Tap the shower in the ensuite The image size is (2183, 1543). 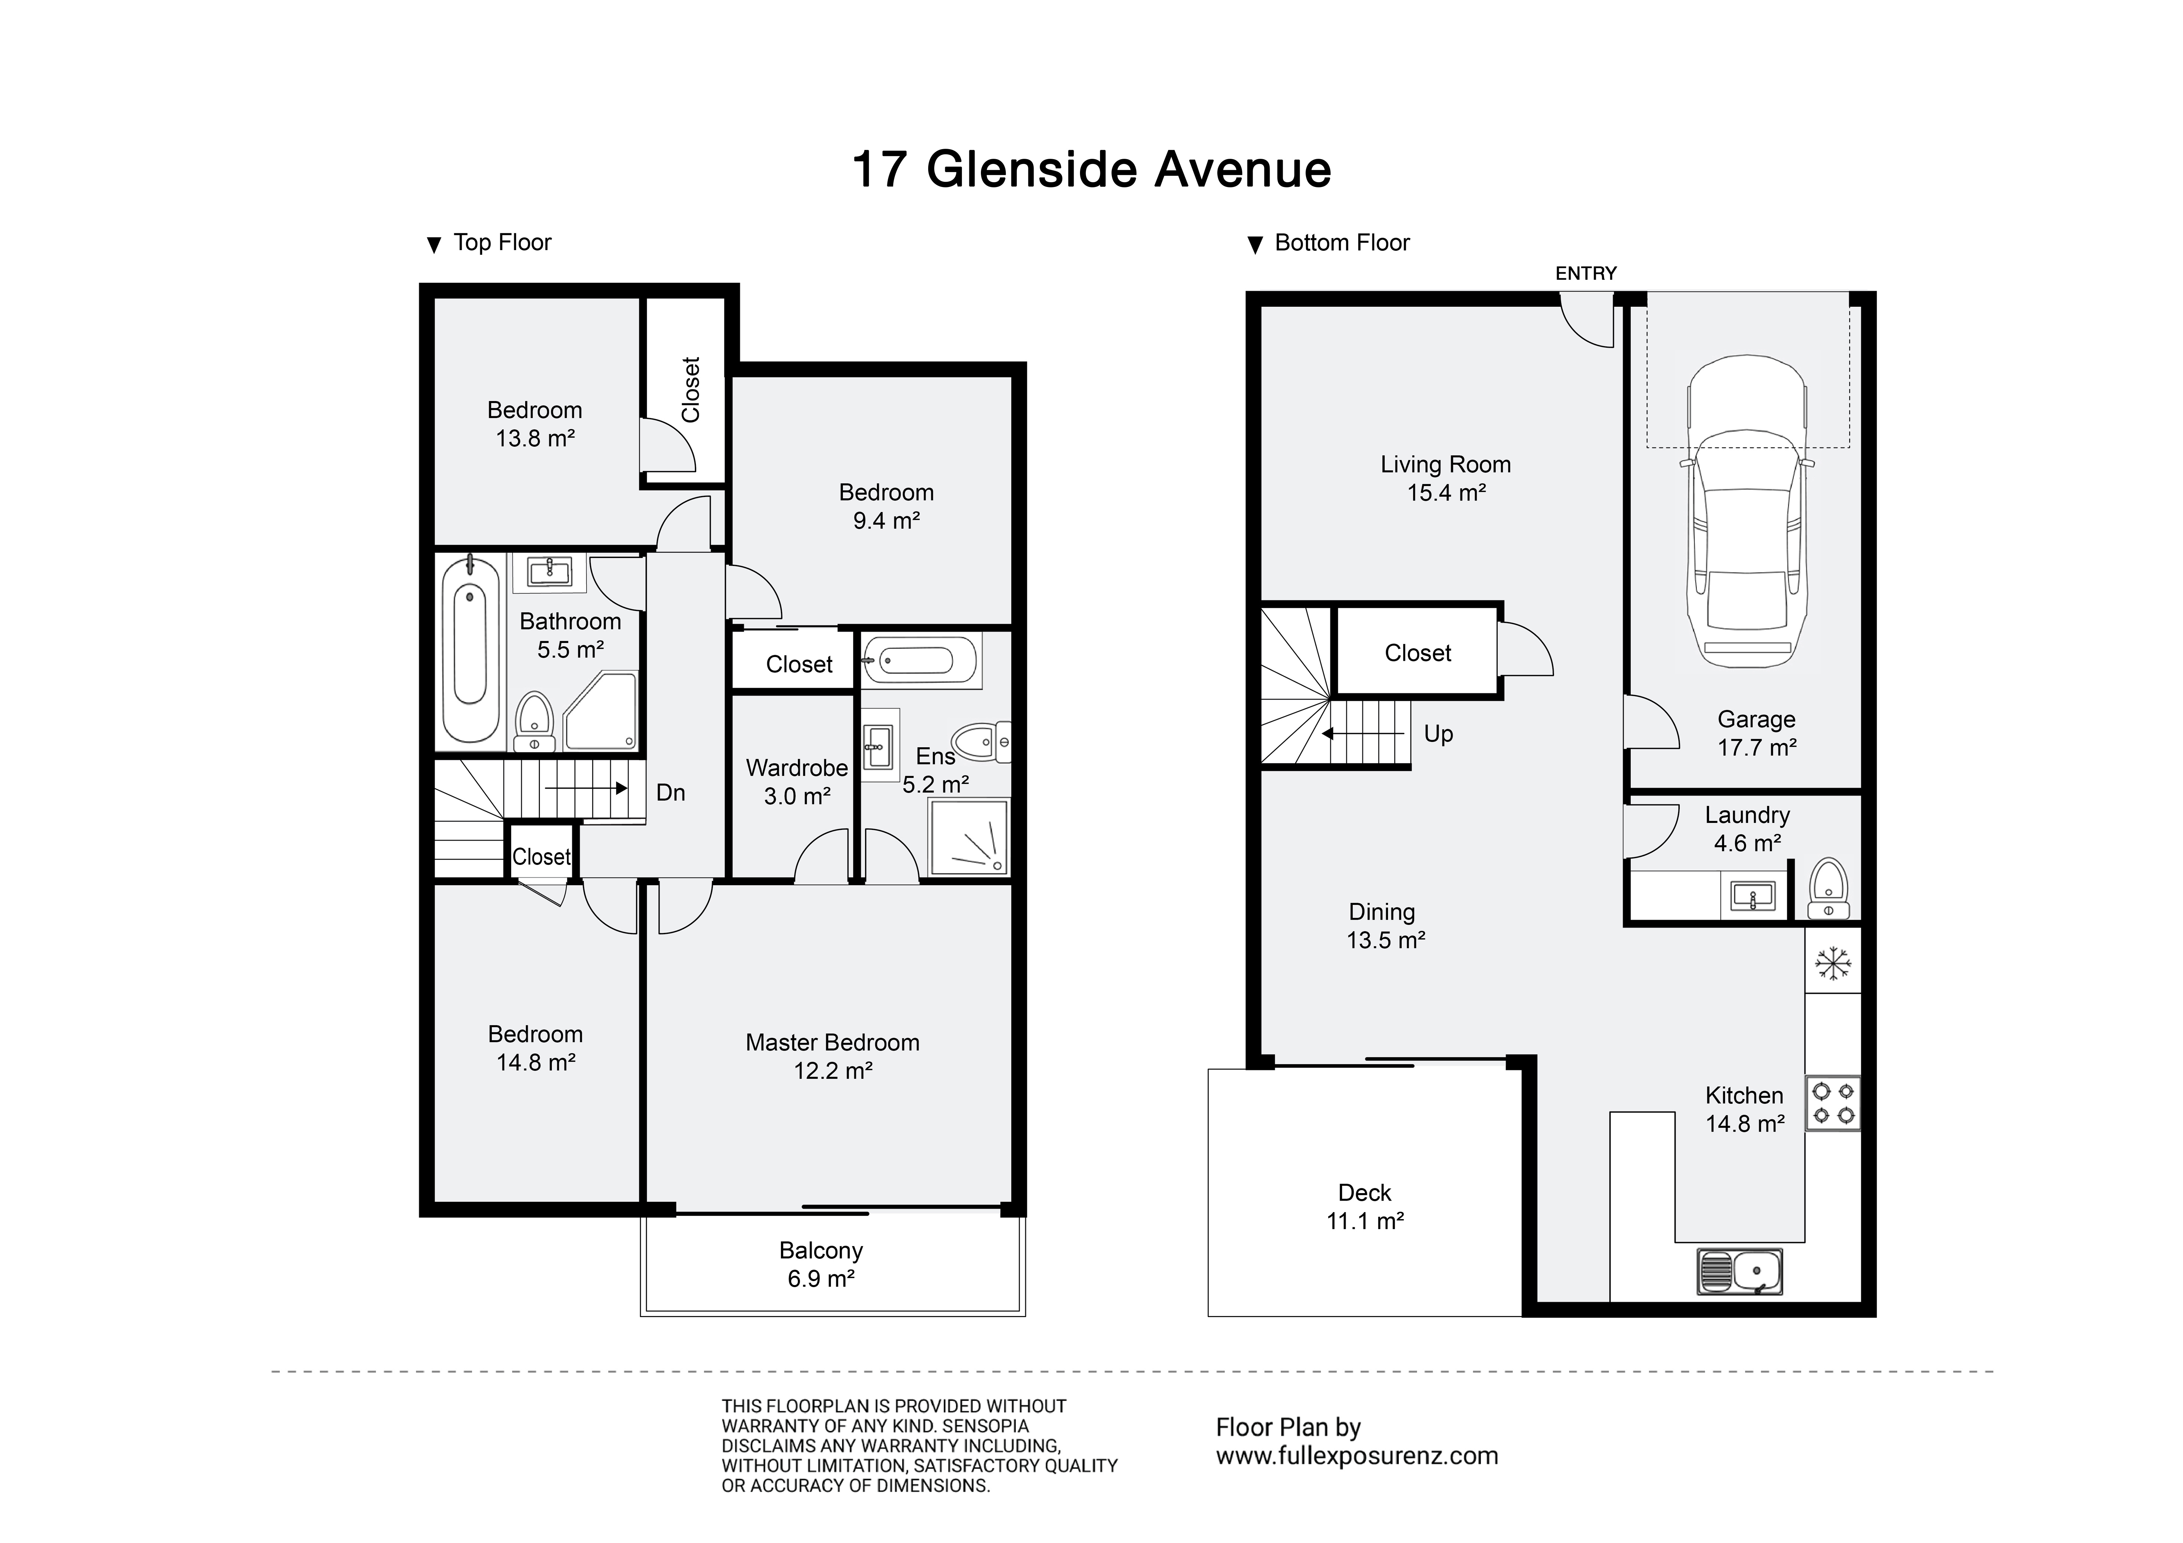(968, 837)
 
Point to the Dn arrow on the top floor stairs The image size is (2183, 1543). (586, 788)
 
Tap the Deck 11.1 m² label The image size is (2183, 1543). (1365, 1207)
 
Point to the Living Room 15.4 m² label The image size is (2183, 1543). (1446, 478)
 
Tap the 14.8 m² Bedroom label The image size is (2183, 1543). (535, 1048)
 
